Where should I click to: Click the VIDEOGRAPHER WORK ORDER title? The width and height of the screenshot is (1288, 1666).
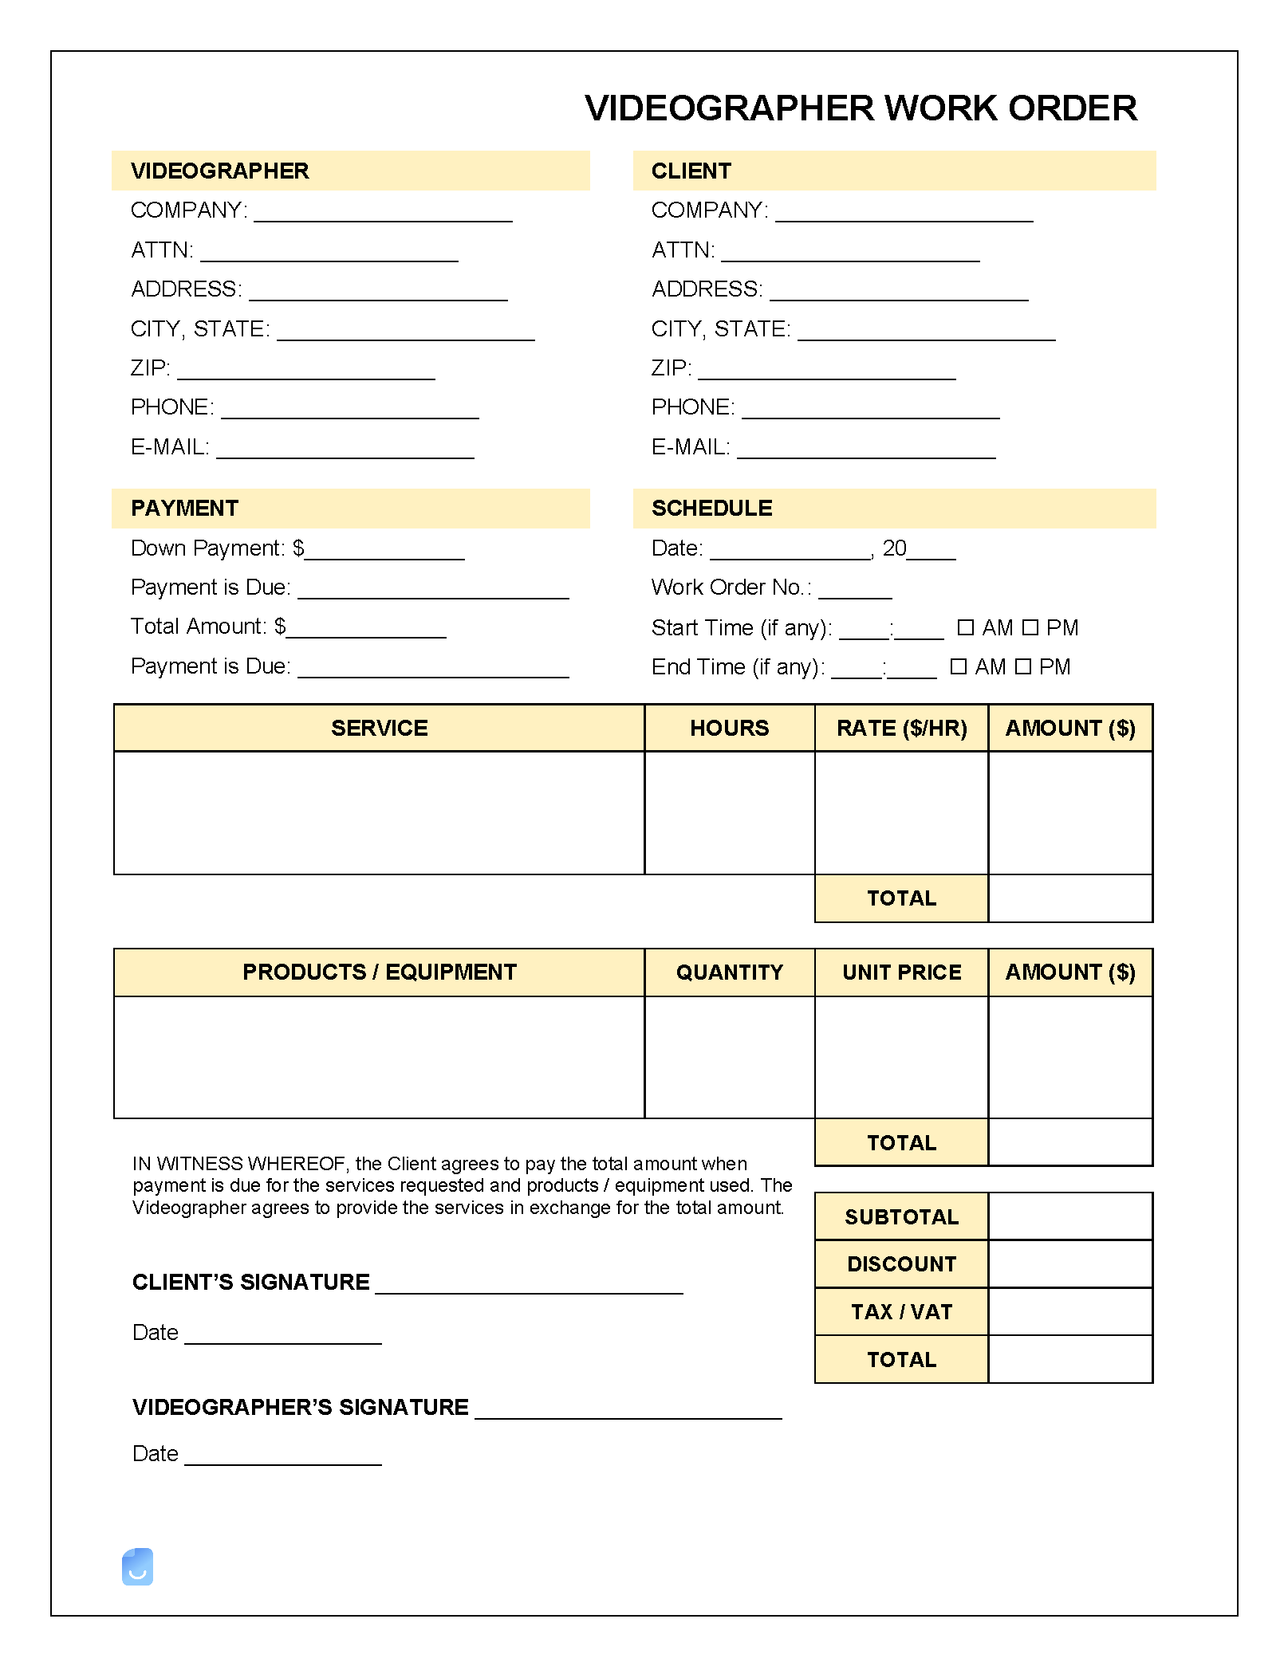click(x=861, y=108)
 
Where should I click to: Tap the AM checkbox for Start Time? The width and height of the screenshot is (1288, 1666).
click(x=965, y=628)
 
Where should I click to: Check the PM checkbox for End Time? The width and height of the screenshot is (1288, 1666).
click(x=1023, y=667)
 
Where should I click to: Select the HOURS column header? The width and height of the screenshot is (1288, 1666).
click(x=729, y=728)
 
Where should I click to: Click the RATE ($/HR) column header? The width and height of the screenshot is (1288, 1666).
click(x=901, y=728)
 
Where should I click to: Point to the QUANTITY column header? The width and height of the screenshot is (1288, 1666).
click(x=729, y=972)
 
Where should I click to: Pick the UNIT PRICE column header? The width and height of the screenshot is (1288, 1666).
click(x=901, y=972)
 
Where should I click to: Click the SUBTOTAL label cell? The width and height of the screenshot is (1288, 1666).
click(x=901, y=1217)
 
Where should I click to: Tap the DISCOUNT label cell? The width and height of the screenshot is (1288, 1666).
click(x=901, y=1264)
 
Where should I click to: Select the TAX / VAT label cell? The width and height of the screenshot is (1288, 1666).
click(x=901, y=1312)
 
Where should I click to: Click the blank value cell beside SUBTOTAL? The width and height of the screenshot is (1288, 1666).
click(x=1070, y=1217)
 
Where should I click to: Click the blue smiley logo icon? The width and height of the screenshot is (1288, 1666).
click(x=137, y=1567)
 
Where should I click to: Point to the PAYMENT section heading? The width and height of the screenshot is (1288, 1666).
click(x=185, y=509)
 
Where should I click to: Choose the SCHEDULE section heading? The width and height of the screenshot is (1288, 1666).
click(x=711, y=509)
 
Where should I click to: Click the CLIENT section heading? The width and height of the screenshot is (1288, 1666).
click(x=691, y=171)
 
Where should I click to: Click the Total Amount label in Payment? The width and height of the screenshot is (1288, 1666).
click(x=198, y=627)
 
